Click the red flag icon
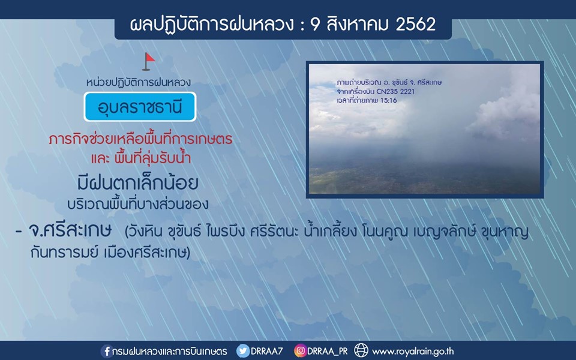[148, 61]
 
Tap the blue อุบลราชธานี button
[140, 107]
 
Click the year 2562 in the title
[415, 25]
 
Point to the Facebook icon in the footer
[107, 351]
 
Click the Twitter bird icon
[242, 351]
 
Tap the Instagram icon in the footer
[300, 351]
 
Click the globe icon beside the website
[361, 350]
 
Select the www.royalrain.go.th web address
[413, 352]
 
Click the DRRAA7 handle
[266, 351]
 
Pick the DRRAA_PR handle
[328, 352]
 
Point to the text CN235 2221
[395, 91]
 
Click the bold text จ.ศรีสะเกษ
[70, 231]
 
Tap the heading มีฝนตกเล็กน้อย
[138, 183]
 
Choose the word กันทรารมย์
[65, 253]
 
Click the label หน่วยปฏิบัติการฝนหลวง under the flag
[139, 82]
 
